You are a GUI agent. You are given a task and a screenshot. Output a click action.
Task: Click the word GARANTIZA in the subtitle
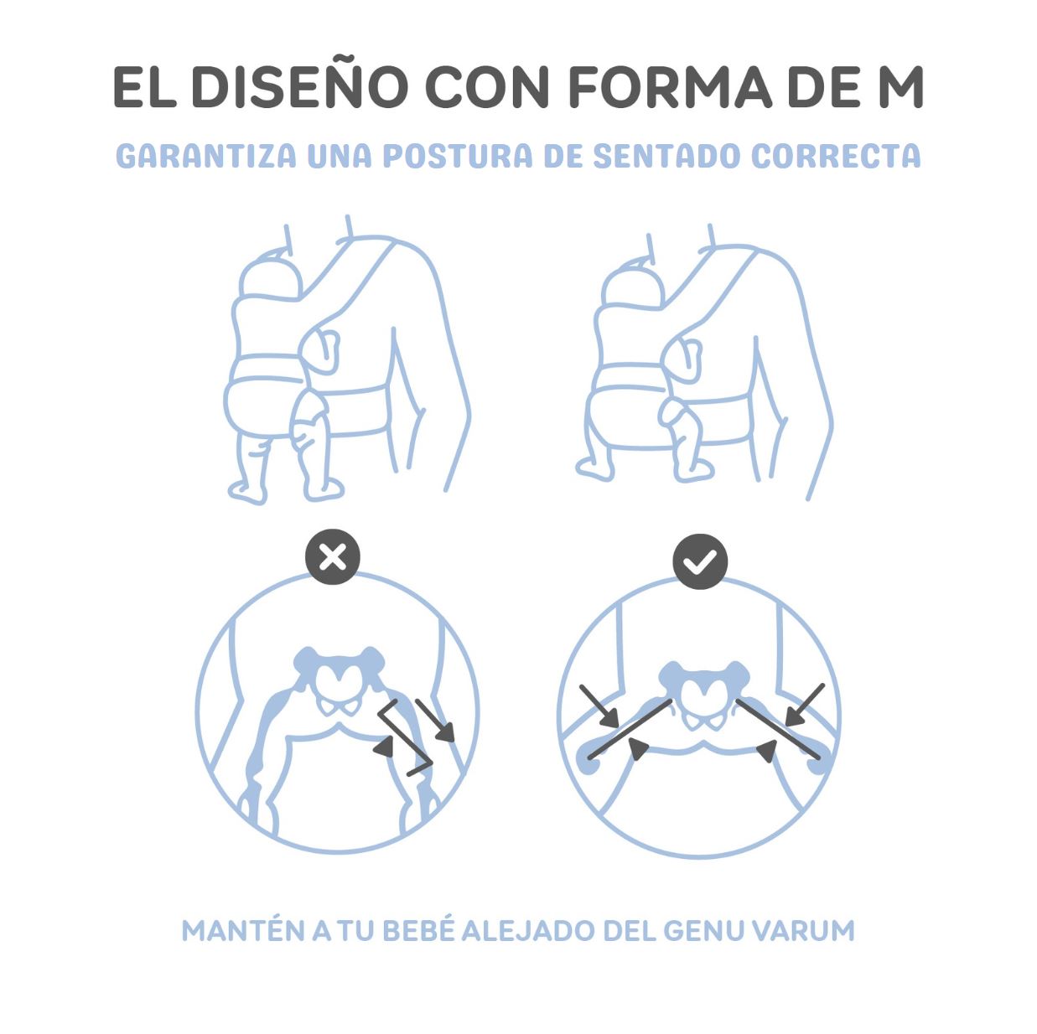(205, 156)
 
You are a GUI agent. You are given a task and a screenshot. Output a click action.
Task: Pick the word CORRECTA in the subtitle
(835, 156)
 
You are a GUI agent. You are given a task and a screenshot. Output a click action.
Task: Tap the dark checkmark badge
(700, 561)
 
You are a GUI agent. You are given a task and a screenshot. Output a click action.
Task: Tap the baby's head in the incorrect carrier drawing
(270, 274)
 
